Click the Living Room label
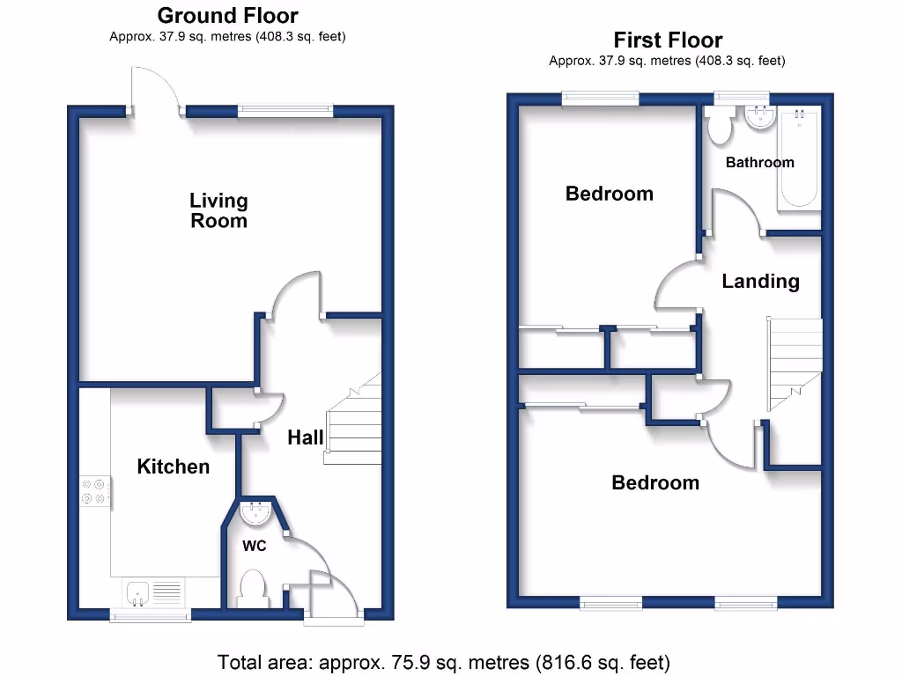click(218, 211)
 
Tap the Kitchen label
click(174, 467)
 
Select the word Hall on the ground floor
click(306, 437)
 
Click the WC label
click(254, 546)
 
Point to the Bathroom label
click(759, 162)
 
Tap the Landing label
click(760, 281)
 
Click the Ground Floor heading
click(227, 16)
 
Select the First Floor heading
click(668, 40)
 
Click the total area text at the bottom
click(444, 661)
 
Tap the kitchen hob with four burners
click(97, 491)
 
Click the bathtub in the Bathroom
click(799, 157)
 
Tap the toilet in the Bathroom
click(720, 126)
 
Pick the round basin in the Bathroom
click(758, 116)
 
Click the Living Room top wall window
click(285, 111)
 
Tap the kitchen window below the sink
click(150, 615)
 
